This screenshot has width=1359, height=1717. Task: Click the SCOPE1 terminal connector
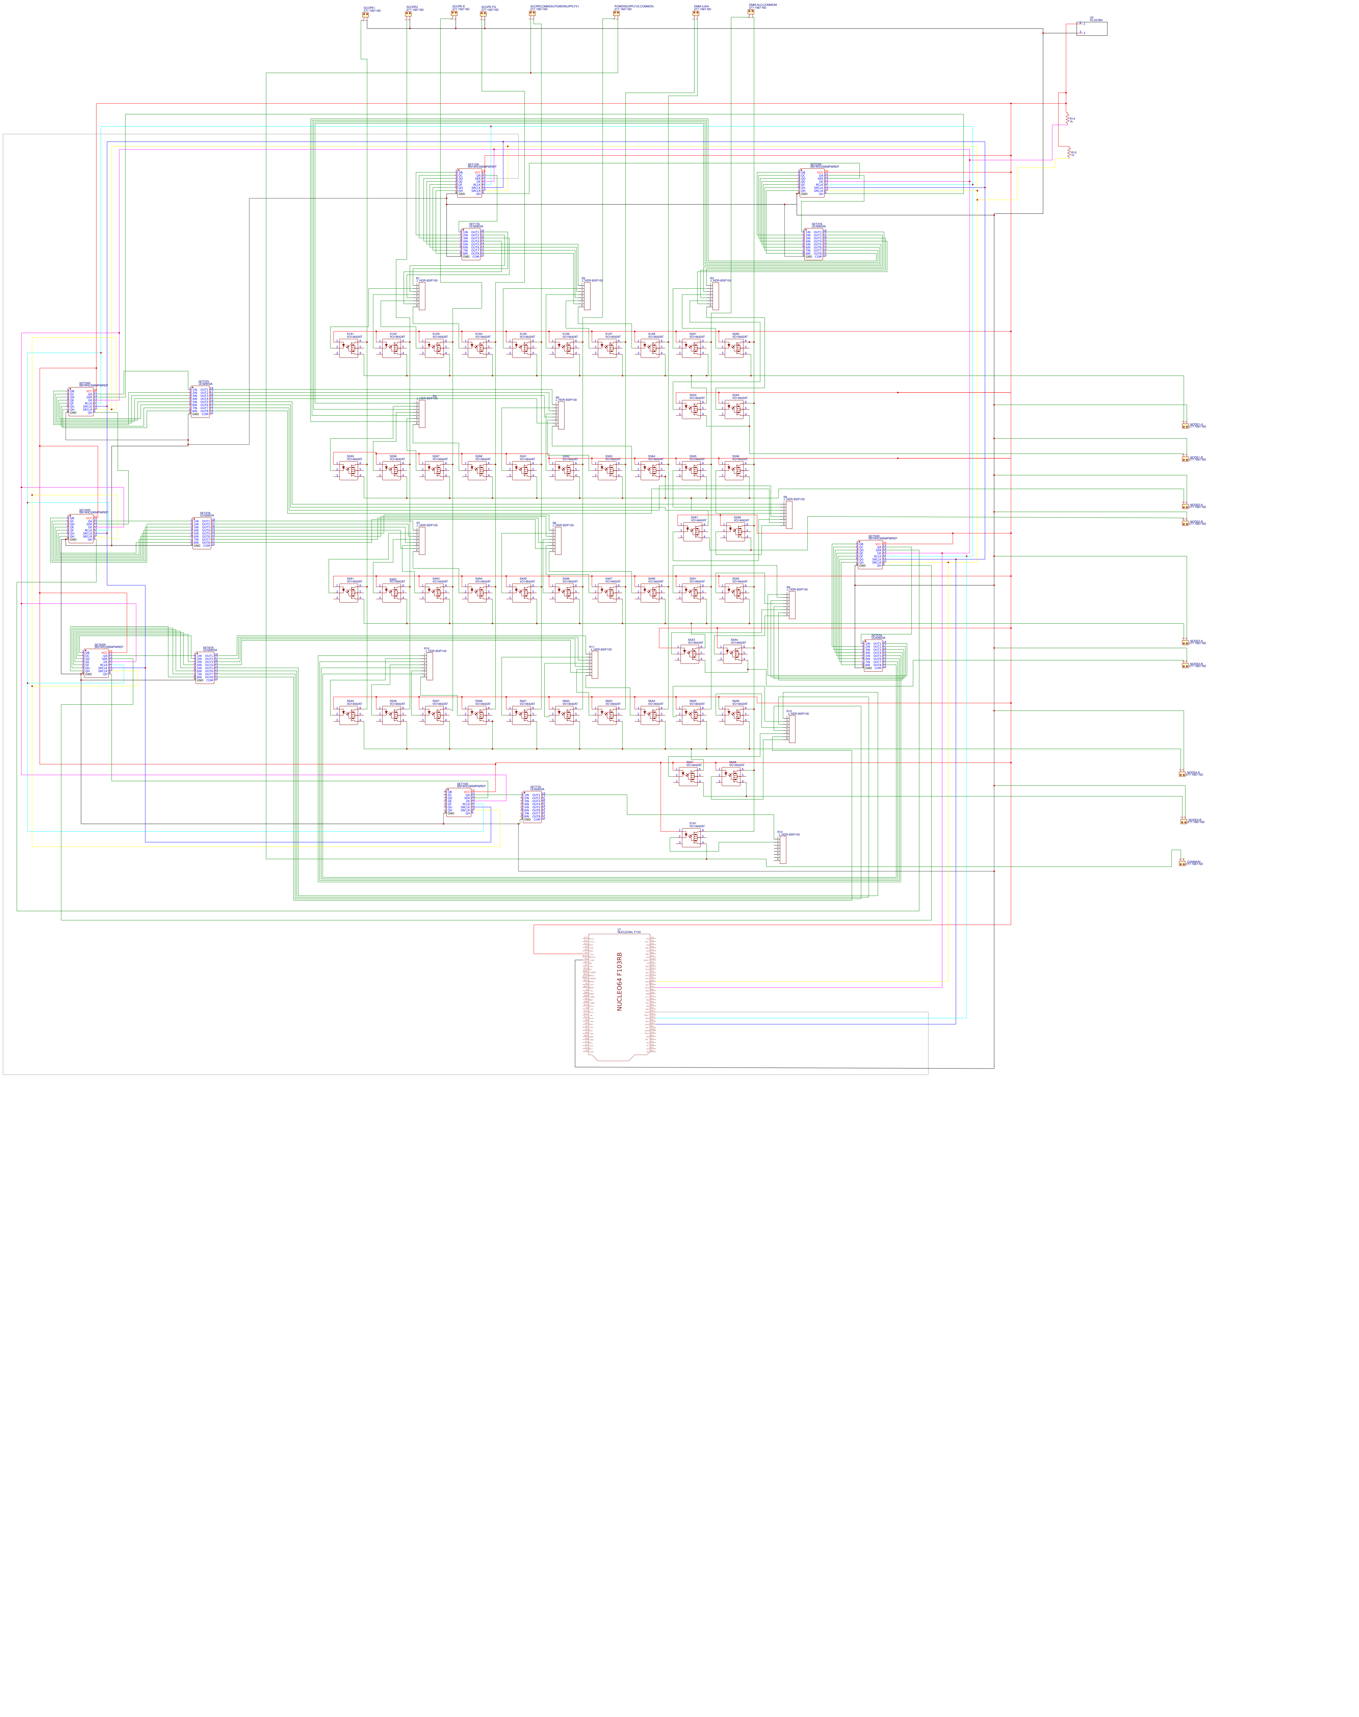coord(365,14)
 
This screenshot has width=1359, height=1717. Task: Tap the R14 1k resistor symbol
coord(1068,118)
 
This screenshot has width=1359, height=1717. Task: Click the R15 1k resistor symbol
coord(1069,152)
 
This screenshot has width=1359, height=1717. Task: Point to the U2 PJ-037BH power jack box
coord(1092,29)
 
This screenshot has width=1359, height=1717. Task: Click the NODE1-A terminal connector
coord(1185,426)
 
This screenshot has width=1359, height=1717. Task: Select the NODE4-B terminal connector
coord(1183,820)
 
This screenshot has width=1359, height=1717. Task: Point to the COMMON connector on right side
coord(1183,863)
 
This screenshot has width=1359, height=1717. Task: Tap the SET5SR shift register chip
coord(870,555)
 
